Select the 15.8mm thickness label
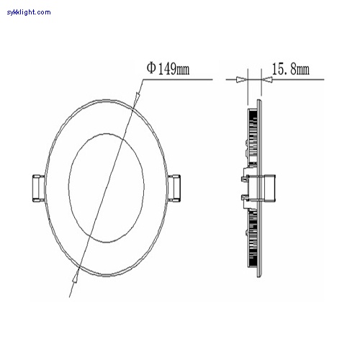pos(290,69)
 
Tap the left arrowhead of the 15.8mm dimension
pos(243,80)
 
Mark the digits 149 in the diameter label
pos(166,69)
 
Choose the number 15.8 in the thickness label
pos(283,69)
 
